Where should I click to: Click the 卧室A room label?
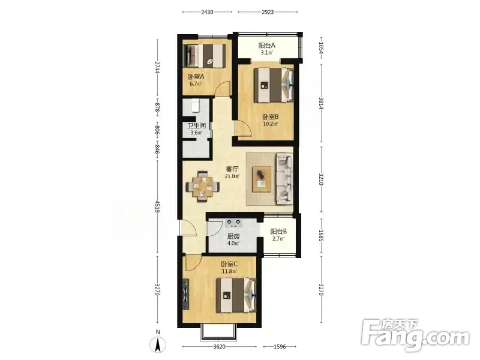coord(196,77)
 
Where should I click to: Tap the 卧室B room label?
coord(271,117)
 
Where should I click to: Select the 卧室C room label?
coord(230,264)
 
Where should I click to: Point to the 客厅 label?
coord(232,169)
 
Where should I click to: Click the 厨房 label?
coord(233,236)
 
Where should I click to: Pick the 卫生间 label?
coord(196,125)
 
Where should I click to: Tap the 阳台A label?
coord(267,46)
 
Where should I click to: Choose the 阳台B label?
coord(278,232)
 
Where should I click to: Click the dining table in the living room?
coord(203,187)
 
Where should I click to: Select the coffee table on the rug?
coord(262,179)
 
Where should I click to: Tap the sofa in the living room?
coord(284,179)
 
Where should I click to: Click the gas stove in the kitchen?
coord(233,223)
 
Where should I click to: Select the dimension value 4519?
coord(158,206)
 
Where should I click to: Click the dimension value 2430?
coord(207,12)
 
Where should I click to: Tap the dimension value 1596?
coord(280,347)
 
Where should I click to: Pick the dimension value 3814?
coord(321,103)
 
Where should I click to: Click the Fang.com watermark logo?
coord(415,335)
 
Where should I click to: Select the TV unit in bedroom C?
coord(185,294)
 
